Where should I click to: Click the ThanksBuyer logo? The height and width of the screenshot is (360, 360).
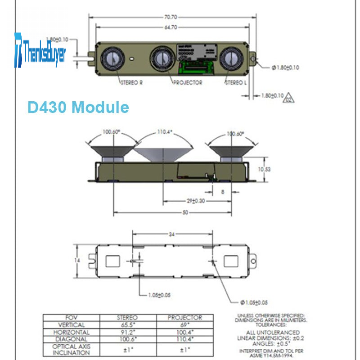tap(40, 50)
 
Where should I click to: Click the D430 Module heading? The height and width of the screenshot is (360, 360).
tap(78, 108)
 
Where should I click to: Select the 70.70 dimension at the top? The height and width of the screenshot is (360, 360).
tap(170, 17)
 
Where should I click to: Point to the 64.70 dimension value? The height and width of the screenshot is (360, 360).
tap(170, 27)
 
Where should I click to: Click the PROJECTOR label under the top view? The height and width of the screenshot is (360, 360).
tap(188, 82)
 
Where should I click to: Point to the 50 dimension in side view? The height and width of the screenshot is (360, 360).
tap(185, 212)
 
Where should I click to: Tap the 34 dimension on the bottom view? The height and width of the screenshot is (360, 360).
tap(171, 234)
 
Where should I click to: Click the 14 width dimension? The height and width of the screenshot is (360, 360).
tap(77, 260)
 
